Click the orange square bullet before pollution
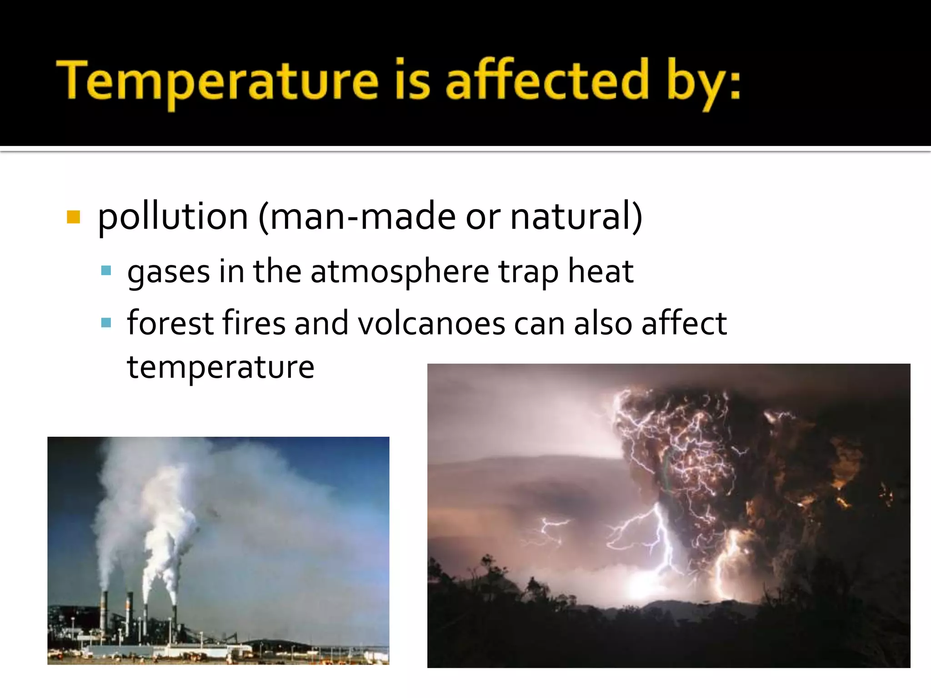coord(73,217)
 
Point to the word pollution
coord(173,217)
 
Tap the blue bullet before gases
coord(106,271)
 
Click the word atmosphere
coord(400,272)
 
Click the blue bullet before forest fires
coord(106,323)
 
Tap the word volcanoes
coord(431,324)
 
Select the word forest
coord(170,323)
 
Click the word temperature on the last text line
coord(220,367)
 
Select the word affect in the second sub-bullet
coord(684,323)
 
